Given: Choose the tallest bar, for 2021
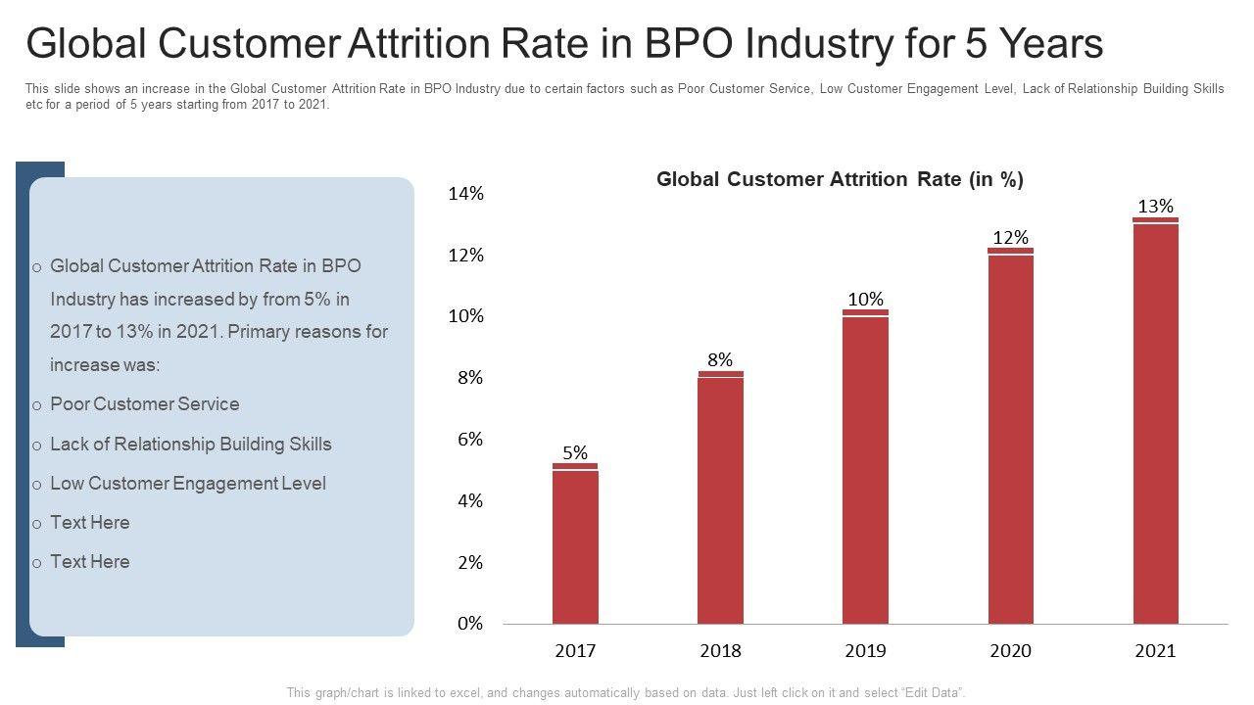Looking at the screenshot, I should coord(1155,421).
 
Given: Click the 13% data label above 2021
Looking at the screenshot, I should coord(1155,206).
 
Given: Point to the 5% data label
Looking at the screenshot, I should coord(575,452).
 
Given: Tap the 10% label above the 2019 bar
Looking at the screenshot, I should coord(865,299).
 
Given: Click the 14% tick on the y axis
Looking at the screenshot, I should coord(466,194).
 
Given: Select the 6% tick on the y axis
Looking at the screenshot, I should coord(470,440).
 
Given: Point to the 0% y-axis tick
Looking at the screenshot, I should coord(470,624).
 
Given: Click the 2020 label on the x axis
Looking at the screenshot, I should coord(1010,651).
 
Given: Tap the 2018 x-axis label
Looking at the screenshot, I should coord(720,651).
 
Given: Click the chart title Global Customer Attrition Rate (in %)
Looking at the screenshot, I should coord(840,179).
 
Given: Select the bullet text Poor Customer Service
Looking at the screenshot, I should coord(144,404).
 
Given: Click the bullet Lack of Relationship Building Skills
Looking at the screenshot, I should coord(190,445).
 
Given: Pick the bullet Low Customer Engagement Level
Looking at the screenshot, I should coord(188,484).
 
